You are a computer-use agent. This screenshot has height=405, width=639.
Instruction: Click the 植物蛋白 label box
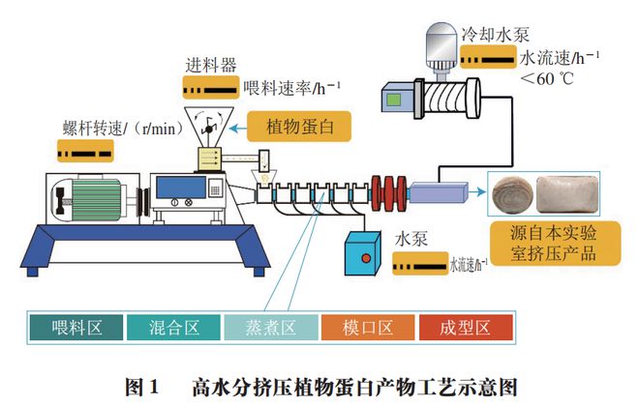[x=298, y=127]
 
